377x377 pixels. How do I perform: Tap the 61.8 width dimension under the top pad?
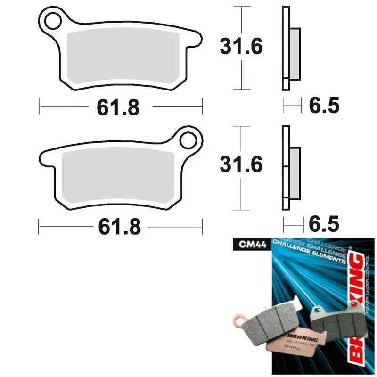pyautogui.click(x=118, y=107)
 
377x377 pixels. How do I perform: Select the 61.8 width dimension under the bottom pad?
pyautogui.click(x=119, y=228)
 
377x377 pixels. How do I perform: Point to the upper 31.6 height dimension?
pyautogui.click(x=241, y=47)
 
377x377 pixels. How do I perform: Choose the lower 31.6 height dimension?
pyautogui.click(x=241, y=165)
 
